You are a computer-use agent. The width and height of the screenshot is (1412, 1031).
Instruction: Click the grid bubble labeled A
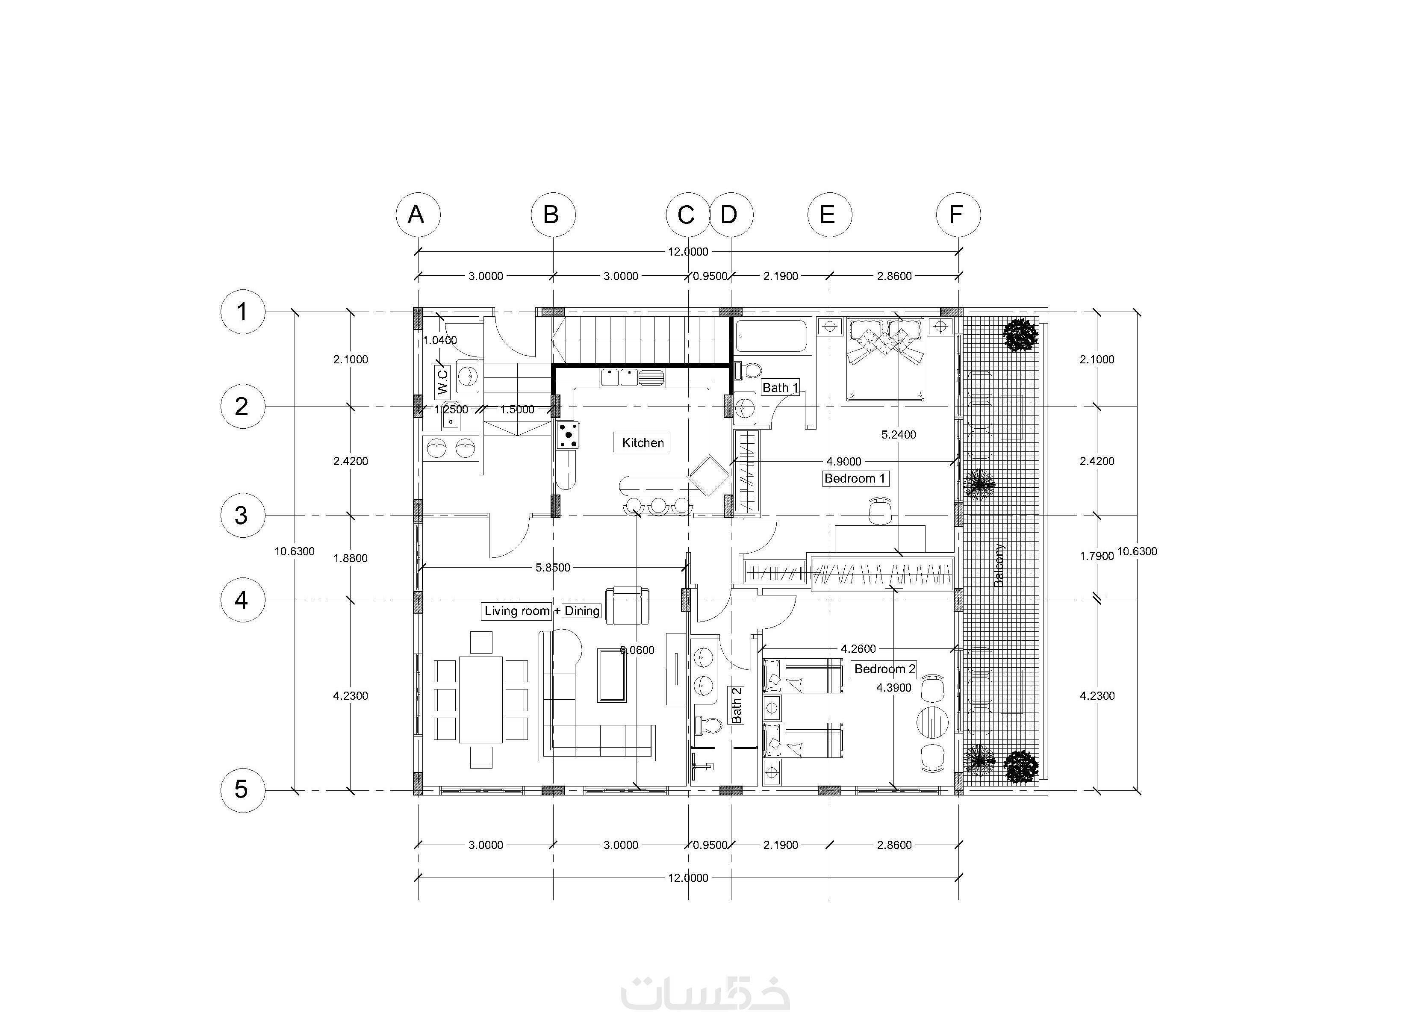pyautogui.click(x=418, y=215)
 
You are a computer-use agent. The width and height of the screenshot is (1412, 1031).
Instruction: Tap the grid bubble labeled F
pyautogui.click(x=958, y=215)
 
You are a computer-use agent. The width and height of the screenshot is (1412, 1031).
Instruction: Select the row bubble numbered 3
pyautogui.click(x=242, y=515)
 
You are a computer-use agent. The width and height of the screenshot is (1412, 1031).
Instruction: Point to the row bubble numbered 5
pyautogui.click(x=242, y=789)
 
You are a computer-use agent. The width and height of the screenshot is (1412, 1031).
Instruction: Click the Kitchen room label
pyautogui.click(x=643, y=442)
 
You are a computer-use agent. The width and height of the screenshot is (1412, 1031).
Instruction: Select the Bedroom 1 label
pyautogui.click(x=855, y=479)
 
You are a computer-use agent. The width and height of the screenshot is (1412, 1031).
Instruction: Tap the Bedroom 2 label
pyautogui.click(x=884, y=669)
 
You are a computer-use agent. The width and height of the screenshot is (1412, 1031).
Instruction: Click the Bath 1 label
pyautogui.click(x=780, y=388)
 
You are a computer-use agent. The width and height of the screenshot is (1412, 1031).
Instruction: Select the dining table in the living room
pyautogui.click(x=480, y=700)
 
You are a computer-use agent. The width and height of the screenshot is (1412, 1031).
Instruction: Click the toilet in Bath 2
pyautogui.click(x=707, y=725)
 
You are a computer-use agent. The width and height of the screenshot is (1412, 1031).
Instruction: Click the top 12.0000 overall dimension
pyautogui.click(x=688, y=251)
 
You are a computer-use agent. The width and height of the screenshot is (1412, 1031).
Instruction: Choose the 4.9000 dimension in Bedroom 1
pyautogui.click(x=844, y=461)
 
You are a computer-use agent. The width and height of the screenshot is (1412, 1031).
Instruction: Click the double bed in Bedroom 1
pyautogui.click(x=884, y=359)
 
